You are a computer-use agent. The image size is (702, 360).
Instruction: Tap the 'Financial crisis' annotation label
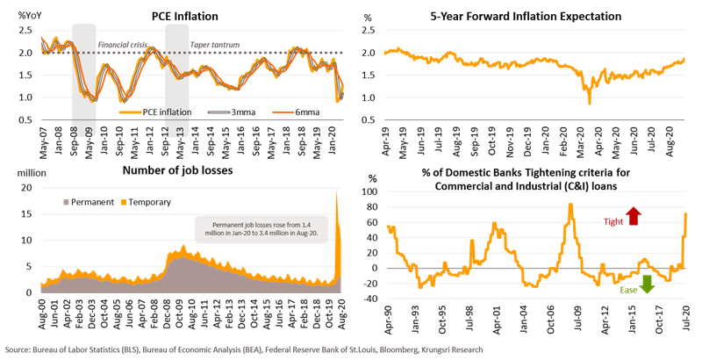point(121,43)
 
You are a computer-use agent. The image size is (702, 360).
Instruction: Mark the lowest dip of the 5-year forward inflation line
point(590,103)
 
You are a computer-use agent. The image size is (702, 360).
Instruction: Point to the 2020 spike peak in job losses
point(337,191)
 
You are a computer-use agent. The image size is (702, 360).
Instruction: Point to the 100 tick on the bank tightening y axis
point(374,191)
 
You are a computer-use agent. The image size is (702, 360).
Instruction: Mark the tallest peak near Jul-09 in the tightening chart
point(570,205)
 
